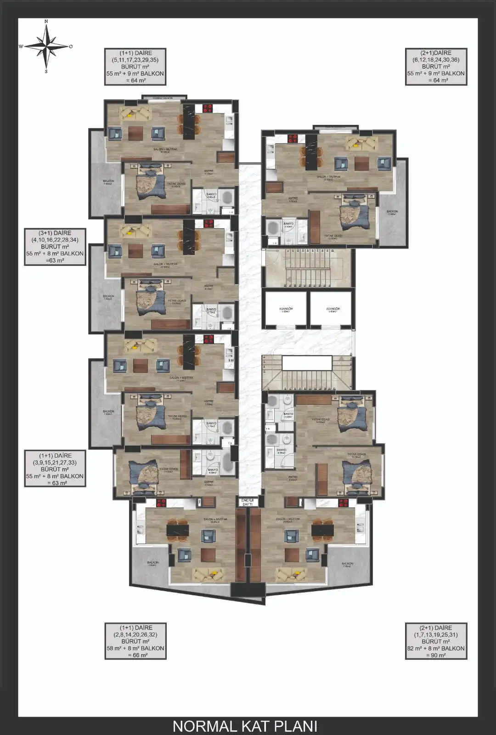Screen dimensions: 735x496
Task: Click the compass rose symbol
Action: pos(46,46)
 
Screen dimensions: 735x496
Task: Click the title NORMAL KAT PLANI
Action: pos(245,726)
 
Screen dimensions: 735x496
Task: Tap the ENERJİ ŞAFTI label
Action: pos(247,502)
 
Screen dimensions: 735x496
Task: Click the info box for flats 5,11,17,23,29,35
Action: pos(135,67)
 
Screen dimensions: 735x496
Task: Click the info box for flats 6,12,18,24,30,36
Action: pos(436,67)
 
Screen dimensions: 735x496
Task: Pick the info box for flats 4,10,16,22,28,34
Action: pos(55,247)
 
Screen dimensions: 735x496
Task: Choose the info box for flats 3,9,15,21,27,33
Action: pos(55,469)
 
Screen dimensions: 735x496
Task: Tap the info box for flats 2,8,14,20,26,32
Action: pos(135,641)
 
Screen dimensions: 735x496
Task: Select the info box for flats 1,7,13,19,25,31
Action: pos(436,641)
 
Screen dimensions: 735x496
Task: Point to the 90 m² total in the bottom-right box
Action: pos(436,656)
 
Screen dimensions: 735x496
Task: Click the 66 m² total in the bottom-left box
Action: pos(135,656)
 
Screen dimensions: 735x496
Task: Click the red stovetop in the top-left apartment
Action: pos(208,108)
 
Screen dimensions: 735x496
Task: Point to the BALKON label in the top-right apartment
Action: pos(392,212)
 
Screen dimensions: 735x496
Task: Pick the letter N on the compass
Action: pos(46,21)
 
